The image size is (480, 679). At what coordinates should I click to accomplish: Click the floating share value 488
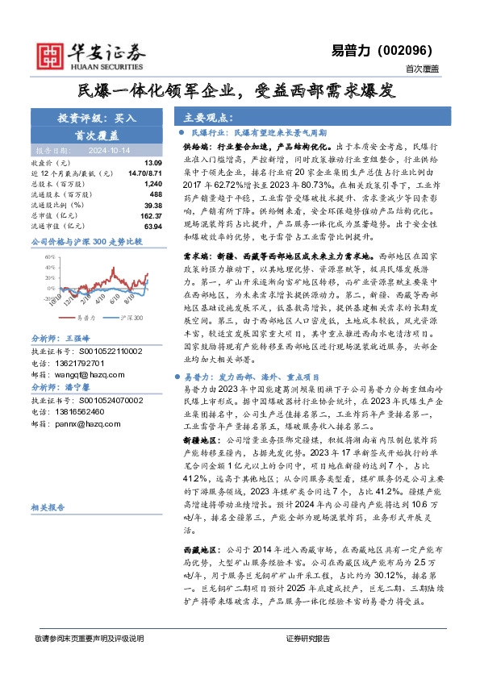144,194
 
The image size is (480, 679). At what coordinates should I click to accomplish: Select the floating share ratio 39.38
140,205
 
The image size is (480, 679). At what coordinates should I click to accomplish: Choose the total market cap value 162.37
138,215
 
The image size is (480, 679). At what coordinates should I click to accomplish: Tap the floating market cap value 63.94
140,226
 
